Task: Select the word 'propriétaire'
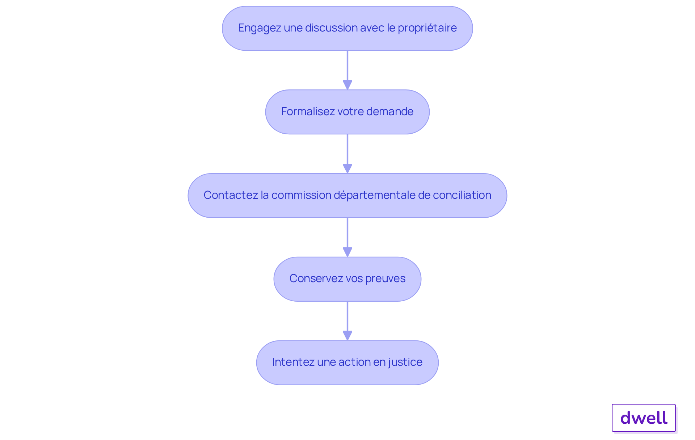(427, 28)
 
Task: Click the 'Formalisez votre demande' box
(347, 112)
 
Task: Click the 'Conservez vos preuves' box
(347, 279)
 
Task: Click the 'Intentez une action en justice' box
(347, 363)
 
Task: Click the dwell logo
(644, 418)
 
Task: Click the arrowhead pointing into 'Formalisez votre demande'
(347, 85)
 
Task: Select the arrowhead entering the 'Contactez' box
(347, 169)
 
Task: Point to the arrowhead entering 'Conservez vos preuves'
(347, 252)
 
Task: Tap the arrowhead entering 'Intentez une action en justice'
(347, 336)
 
